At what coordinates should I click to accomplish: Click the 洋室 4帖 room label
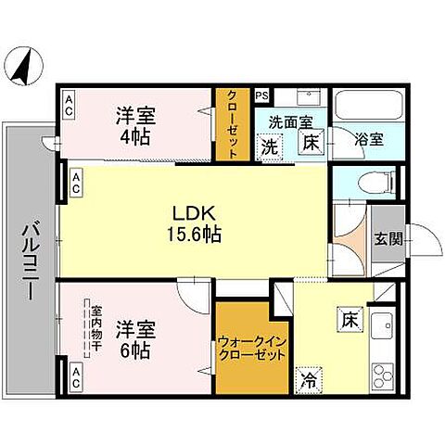(x=134, y=124)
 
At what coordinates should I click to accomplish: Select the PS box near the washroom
(x=261, y=94)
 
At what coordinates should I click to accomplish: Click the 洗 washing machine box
(x=269, y=146)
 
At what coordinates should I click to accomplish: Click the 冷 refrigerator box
(x=307, y=377)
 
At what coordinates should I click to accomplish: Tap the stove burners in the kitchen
(x=383, y=376)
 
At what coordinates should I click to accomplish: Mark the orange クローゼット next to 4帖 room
(x=233, y=124)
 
